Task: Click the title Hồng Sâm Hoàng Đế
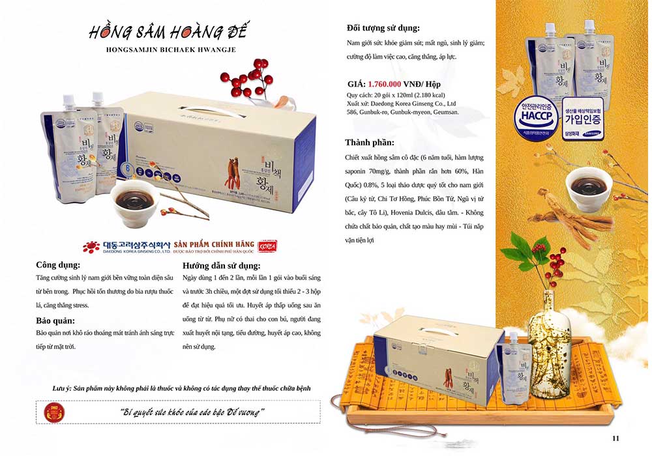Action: tap(169, 32)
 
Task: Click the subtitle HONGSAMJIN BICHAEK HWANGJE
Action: tap(169, 50)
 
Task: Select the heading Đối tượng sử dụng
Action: tap(383, 28)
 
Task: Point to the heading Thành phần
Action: tap(370, 143)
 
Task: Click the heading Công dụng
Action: tap(59, 266)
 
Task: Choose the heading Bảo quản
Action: tap(55, 321)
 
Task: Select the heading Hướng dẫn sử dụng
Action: tap(222, 266)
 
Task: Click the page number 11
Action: tap(615, 438)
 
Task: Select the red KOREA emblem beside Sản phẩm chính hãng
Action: tap(267, 245)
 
